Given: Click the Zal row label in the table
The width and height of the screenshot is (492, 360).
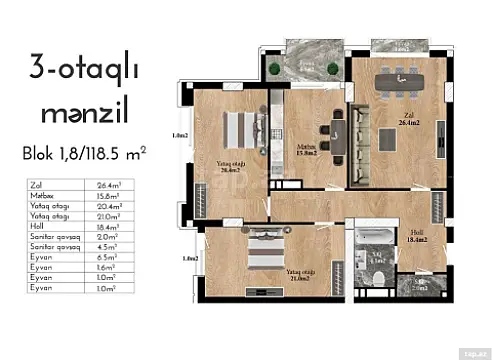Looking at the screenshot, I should point(38,185).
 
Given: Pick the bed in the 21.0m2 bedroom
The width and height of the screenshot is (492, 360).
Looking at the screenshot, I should point(262,250).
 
